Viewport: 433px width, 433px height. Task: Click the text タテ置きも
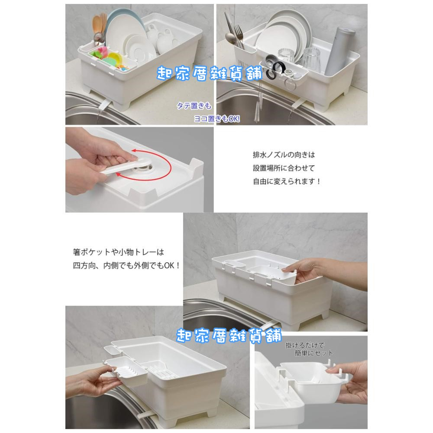pos(194,106)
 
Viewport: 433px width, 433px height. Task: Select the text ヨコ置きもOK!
pos(217,119)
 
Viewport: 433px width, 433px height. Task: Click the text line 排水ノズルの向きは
pos(284,155)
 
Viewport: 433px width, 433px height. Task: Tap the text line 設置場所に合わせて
pos(284,168)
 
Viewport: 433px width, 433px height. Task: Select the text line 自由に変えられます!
pos(287,181)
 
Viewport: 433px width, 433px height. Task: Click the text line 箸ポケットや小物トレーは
pos(119,252)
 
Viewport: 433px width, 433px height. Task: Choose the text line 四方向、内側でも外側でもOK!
pos(126,266)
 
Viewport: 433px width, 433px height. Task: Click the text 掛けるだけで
pos(305,345)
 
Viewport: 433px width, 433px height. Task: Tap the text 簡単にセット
pos(314,353)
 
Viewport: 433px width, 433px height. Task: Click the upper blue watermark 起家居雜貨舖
pos(210,74)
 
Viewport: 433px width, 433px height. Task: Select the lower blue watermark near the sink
pos(229,336)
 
